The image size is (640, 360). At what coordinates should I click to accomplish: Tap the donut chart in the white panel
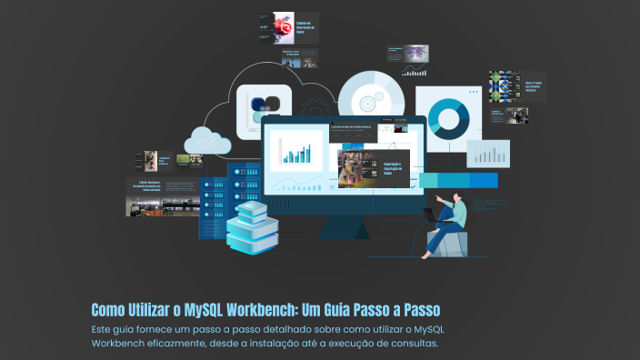[447, 117]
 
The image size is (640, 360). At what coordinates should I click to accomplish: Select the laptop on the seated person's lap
[430, 216]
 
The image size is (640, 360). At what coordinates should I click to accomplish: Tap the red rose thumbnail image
[283, 28]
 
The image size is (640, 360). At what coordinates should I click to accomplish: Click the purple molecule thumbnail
[416, 52]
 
